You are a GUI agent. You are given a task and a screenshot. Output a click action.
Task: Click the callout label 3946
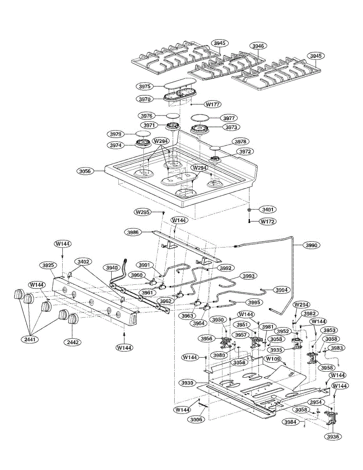(x=258, y=46)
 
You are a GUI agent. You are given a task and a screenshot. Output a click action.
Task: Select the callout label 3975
(x=144, y=86)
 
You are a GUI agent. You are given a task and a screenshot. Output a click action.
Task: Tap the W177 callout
(x=213, y=104)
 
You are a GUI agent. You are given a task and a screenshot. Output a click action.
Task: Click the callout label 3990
(x=312, y=245)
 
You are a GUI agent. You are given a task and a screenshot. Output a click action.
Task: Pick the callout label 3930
(x=188, y=382)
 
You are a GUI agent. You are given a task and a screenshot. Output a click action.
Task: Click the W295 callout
(x=143, y=212)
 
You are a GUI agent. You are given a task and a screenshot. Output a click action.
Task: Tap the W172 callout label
(x=268, y=221)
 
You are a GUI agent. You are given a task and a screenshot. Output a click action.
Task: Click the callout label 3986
(x=133, y=232)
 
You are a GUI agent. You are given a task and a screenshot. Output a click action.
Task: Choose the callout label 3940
(x=111, y=268)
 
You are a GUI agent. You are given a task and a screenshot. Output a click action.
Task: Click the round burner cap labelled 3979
(x=143, y=135)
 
